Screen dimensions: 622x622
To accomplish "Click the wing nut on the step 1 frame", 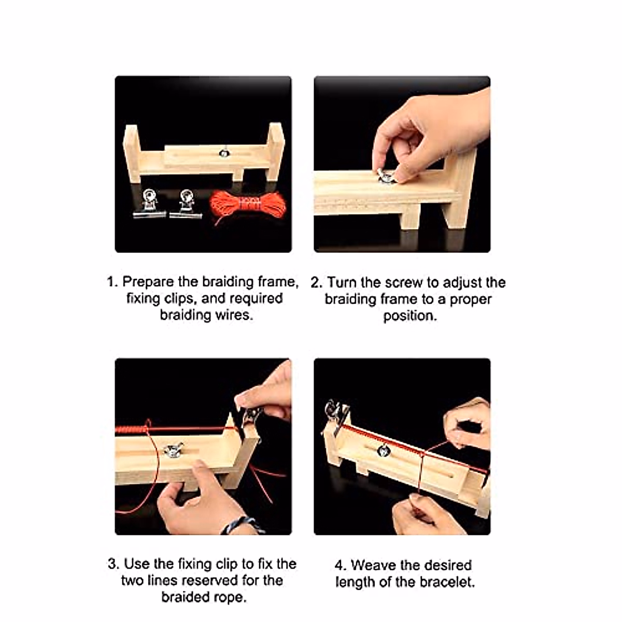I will click(x=224, y=153).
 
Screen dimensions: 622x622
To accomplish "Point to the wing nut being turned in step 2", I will click(x=385, y=177).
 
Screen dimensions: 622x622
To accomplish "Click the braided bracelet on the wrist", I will click(x=242, y=525).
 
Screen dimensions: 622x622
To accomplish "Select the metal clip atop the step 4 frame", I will click(x=334, y=412).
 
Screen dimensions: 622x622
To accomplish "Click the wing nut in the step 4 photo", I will click(x=383, y=450).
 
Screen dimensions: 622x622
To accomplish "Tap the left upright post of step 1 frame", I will click(x=132, y=153).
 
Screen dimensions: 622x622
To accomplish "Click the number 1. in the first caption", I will click(x=112, y=282).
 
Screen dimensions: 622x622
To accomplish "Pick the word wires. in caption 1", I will click(x=233, y=315).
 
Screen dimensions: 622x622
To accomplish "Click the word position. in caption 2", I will click(x=409, y=316).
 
